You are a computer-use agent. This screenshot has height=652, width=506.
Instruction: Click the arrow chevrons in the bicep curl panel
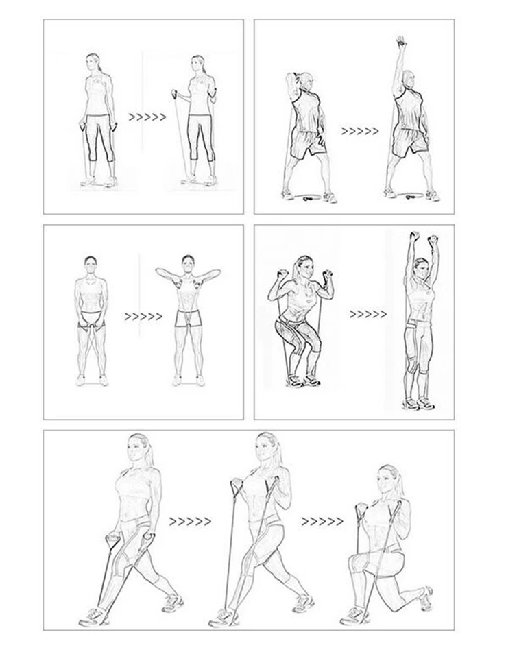[147, 117]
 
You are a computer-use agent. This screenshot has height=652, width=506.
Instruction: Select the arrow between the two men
[359, 131]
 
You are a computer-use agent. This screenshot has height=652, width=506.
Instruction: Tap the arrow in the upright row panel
[143, 317]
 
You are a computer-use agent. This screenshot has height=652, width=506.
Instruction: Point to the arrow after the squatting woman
[368, 315]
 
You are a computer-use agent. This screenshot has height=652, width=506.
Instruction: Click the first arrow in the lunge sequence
[190, 522]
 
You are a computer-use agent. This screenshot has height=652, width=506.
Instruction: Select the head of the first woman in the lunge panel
[138, 449]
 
